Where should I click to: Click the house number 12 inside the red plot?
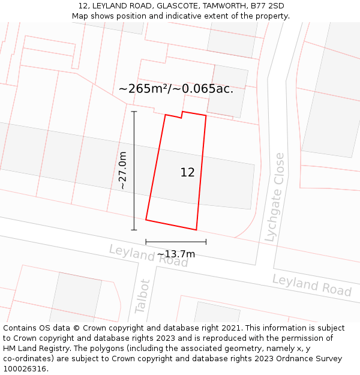(187, 173)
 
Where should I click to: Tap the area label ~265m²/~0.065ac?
(176, 89)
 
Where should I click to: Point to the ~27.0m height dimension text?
(123, 170)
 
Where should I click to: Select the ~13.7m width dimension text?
(176, 254)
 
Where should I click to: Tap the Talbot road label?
(142, 296)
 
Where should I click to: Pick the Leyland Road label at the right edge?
(311, 285)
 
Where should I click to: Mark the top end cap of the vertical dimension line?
(134, 112)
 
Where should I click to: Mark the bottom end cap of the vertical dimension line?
(134, 229)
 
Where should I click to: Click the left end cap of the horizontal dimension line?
(146, 242)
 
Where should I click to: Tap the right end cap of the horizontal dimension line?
(206, 242)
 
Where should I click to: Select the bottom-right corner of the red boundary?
(196, 230)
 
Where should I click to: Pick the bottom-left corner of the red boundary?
(146, 220)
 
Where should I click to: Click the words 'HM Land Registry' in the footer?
(32, 349)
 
